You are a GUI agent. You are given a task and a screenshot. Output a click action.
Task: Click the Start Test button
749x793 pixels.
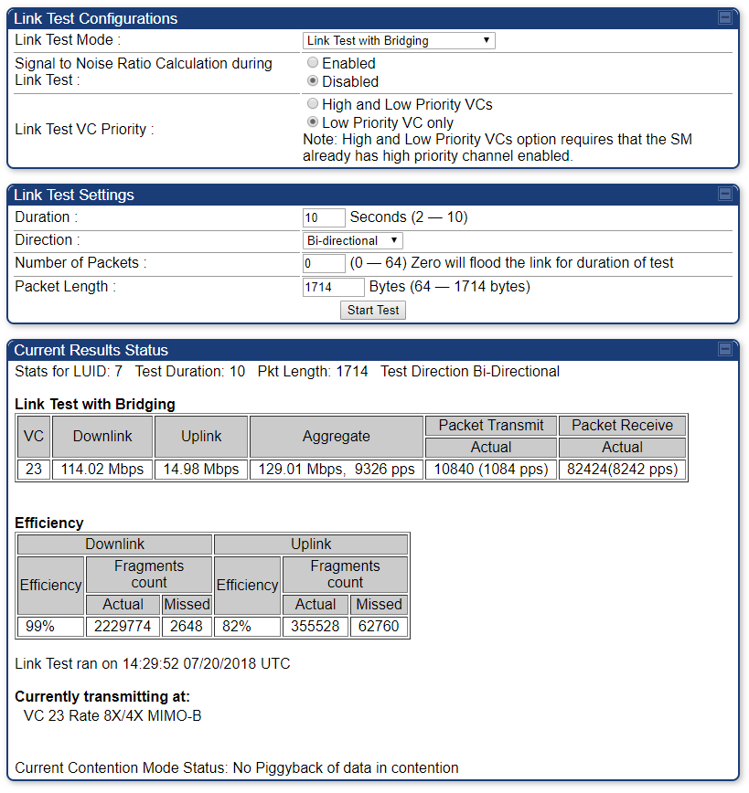[373, 310]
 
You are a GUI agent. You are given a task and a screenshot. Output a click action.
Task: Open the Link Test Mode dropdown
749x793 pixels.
[399, 40]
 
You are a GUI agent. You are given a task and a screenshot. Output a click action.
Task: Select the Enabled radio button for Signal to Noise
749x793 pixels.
[314, 63]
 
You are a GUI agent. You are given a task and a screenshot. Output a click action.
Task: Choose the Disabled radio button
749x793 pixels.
[314, 81]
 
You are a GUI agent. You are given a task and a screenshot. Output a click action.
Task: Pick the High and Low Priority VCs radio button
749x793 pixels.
[314, 104]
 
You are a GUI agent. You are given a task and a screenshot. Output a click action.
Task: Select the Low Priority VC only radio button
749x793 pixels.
[314, 122]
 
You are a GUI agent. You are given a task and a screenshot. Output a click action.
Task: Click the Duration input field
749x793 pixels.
[324, 217]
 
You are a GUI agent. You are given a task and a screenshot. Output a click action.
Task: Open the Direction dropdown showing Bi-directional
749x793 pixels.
[353, 240]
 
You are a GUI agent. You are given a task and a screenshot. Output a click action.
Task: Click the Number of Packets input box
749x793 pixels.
[324, 263]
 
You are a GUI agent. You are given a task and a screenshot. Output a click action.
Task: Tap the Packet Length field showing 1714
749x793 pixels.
[333, 287]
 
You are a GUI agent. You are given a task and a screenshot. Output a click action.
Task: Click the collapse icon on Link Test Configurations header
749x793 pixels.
[725, 17]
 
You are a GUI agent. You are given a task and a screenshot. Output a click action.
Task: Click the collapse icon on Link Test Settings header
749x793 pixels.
[725, 194]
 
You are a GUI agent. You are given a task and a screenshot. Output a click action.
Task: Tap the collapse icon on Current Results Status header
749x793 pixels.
[725, 349]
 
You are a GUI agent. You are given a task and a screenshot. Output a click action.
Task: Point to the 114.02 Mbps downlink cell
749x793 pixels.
[102, 470]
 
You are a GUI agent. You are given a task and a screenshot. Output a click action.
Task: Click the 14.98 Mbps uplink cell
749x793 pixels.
[201, 470]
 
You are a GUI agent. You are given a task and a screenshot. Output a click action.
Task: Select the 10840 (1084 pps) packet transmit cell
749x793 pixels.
[491, 470]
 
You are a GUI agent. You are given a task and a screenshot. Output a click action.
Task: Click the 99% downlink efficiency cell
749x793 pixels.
[51, 628]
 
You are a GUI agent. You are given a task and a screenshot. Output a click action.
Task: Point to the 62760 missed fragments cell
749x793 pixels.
[379, 628]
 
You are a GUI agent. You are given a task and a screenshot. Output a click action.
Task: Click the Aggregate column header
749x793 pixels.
[337, 437]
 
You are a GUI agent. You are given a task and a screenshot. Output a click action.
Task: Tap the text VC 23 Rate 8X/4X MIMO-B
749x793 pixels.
[112, 715]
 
